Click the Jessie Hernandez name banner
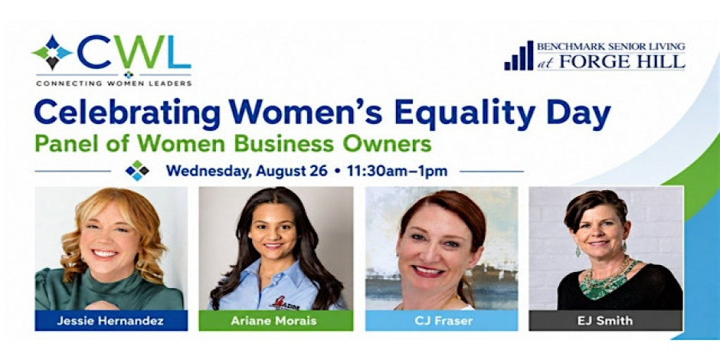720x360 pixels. [x=110, y=320]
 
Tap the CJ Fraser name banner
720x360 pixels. [x=441, y=320]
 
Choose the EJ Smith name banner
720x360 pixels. [x=606, y=320]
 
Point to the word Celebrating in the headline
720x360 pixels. [x=127, y=113]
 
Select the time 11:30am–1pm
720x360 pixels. [x=398, y=172]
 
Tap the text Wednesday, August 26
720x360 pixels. [x=247, y=172]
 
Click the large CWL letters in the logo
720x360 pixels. [x=134, y=52]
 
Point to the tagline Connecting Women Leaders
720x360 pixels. [x=114, y=83]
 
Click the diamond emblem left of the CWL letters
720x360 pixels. [x=52, y=53]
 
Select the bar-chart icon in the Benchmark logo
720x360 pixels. [x=519, y=56]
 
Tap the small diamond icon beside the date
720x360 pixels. [x=137, y=171]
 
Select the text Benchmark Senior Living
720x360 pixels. [x=610, y=47]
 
